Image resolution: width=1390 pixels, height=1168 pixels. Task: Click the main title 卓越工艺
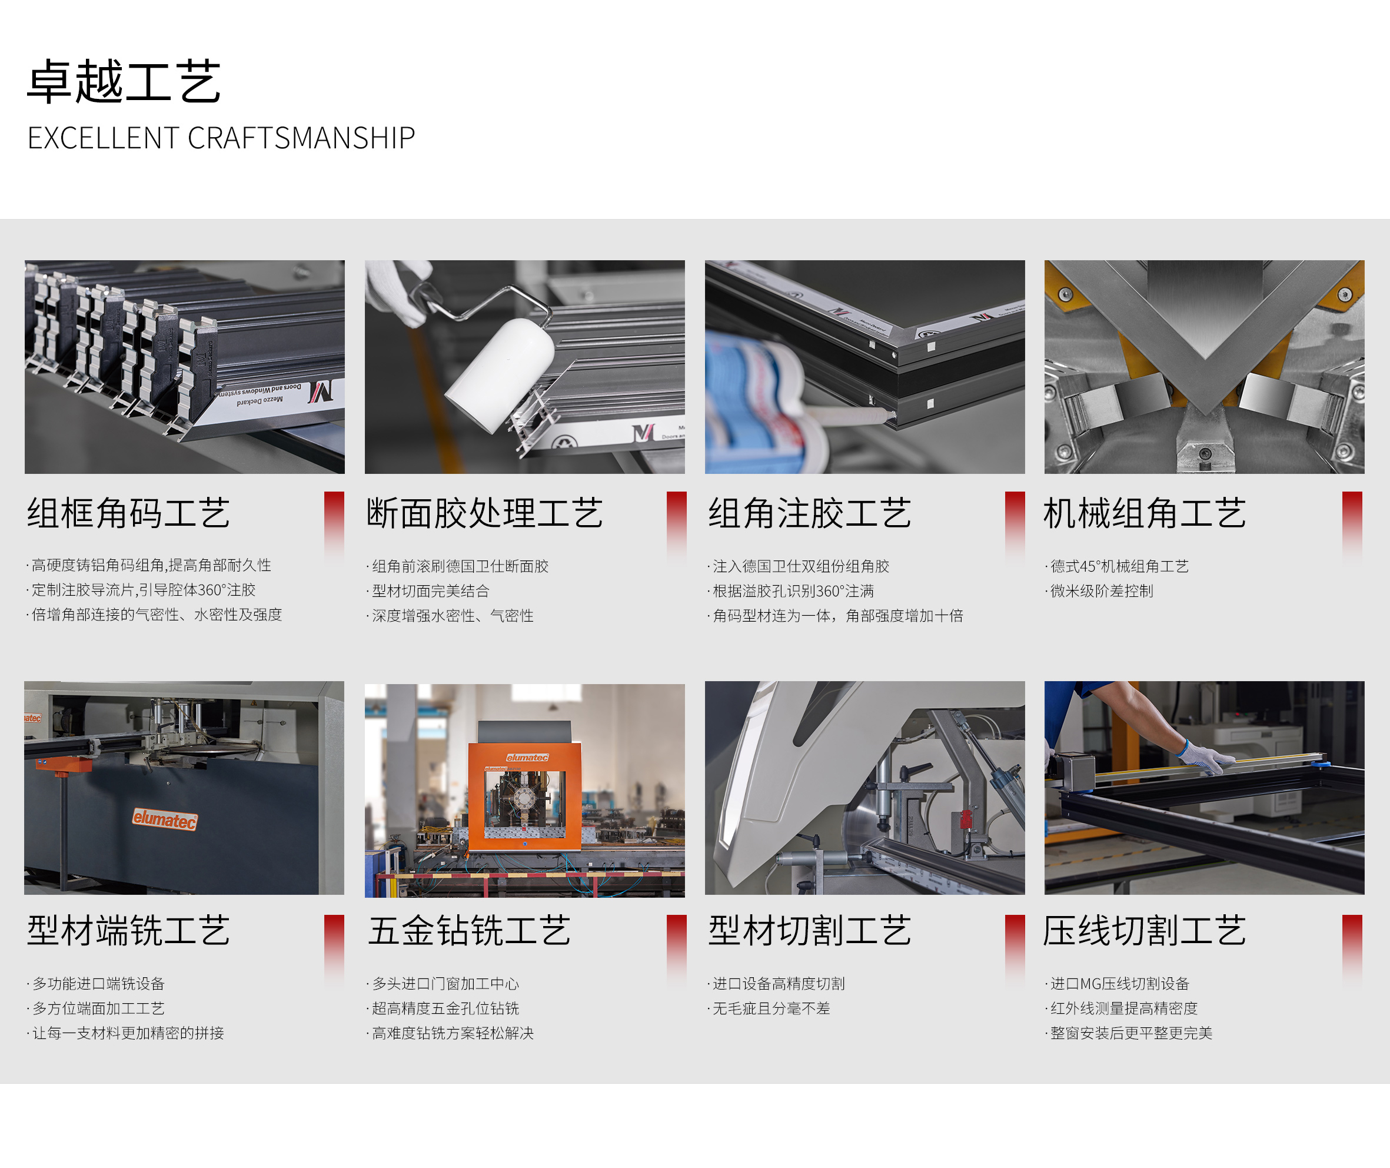(124, 81)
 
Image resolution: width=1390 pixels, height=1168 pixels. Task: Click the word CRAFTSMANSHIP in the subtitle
(301, 138)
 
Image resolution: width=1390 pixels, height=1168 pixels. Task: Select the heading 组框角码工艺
(128, 513)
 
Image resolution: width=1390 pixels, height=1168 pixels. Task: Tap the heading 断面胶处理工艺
(484, 513)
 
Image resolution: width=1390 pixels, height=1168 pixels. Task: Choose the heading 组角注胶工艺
(810, 513)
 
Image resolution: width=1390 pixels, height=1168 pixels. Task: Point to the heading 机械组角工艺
(1145, 513)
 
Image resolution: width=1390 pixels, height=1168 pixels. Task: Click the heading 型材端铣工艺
(128, 930)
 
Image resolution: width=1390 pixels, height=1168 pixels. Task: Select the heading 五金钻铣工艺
(469, 930)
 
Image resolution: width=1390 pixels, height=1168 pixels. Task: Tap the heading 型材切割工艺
(810, 930)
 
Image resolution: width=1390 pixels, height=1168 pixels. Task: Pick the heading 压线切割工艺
(1145, 930)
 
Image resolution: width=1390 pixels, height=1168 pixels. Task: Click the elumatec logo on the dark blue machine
(165, 819)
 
